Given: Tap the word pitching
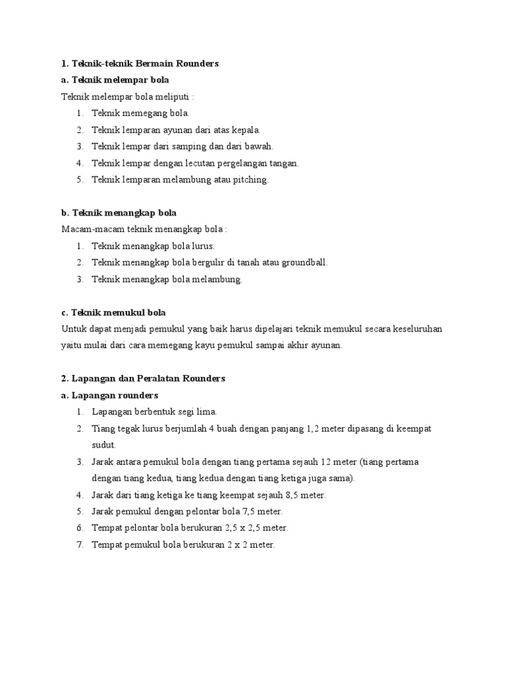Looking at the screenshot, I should point(252,180).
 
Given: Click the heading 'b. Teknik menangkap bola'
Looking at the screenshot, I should point(119,213).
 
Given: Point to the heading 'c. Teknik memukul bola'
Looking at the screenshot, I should point(113,312).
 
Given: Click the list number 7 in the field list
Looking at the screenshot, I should point(79,544).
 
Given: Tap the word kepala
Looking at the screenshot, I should point(245,131).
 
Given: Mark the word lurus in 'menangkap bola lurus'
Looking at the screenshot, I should point(201,246).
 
